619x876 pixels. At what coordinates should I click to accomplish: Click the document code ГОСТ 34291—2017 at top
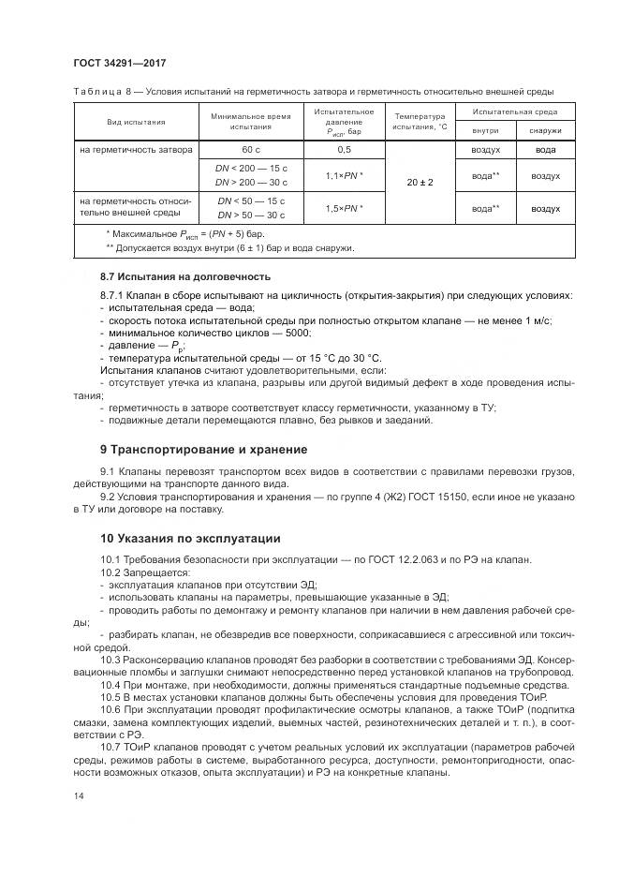pyautogui.click(x=125, y=63)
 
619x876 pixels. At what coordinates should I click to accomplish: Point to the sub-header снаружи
pyautogui.click(x=545, y=131)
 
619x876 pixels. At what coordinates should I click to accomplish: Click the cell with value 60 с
pyautogui.click(x=251, y=149)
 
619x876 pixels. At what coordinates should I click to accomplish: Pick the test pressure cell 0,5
pyautogui.click(x=344, y=149)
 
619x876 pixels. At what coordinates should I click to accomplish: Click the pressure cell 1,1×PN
pyautogui.click(x=344, y=175)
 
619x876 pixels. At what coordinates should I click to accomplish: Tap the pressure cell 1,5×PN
pyautogui.click(x=344, y=208)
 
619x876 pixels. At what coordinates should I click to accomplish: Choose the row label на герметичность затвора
pyautogui.click(x=136, y=149)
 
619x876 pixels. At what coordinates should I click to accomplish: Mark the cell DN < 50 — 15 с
pyautogui.click(x=251, y=200)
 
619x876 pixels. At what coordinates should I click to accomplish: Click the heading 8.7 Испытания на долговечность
pyautogui.click(x=185, y=276)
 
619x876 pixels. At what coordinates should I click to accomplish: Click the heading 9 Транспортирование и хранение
pyautogui.click(x=203, y=449)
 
